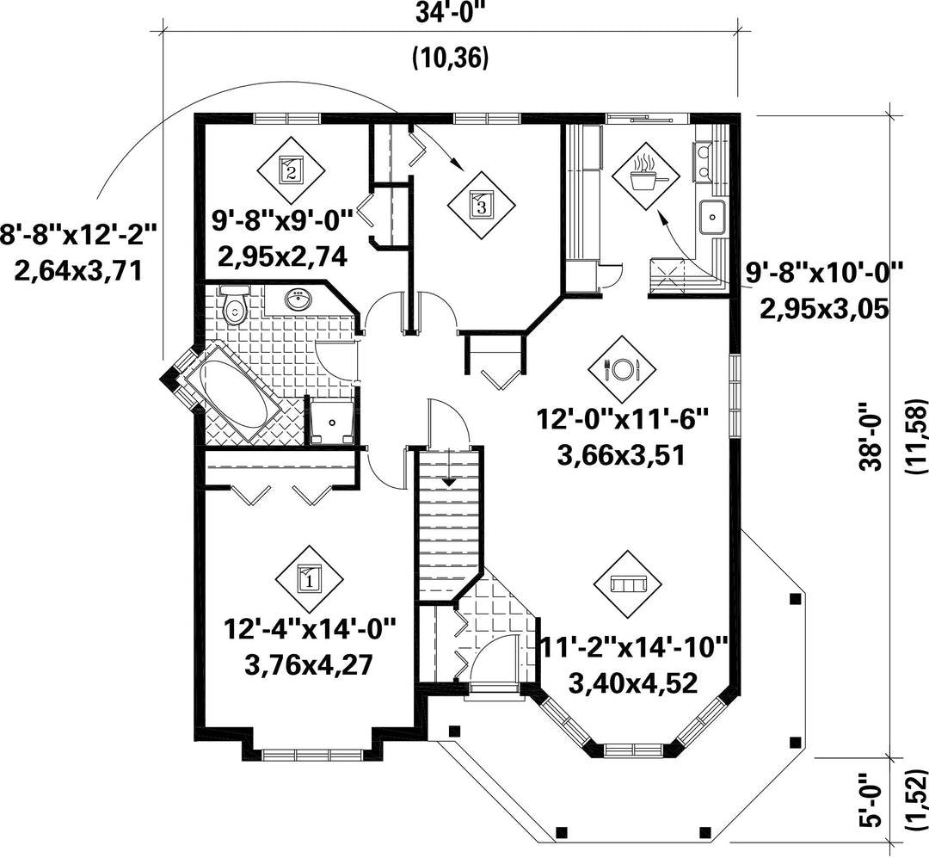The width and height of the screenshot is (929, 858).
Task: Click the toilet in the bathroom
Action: [x=235, y=306]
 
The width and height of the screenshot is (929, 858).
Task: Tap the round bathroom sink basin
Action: [x=297, y=300]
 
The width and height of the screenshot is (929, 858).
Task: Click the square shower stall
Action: [x=332, y=422]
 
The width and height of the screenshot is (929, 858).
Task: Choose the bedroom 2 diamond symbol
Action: [x=291, y=170]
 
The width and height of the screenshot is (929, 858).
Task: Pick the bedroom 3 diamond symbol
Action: [x=481, y=205]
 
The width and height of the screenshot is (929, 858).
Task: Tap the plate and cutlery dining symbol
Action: [x=622, y=369]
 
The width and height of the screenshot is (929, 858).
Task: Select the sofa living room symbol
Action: [x=628, y=584]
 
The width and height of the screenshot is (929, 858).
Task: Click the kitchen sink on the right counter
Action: [x=711, y=217]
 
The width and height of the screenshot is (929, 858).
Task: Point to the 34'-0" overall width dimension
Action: [x=450, y=12]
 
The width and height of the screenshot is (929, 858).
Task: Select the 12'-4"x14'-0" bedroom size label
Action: [x=310, y=629]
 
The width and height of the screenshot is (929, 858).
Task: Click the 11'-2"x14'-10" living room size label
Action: [x=632, y=648]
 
